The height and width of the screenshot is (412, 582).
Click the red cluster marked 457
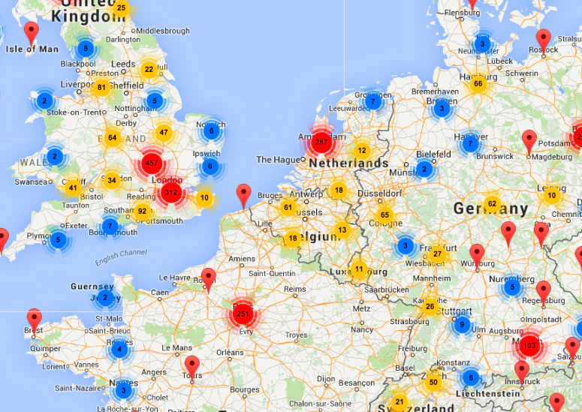click(x=151, y=163)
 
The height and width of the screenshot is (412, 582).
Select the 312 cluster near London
click(x=170, y=192)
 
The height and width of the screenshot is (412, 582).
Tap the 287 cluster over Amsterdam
click(x=321, y=141)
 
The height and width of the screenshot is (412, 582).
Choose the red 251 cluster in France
click(x=243, y=313)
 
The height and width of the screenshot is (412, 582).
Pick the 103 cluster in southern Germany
click(x=529, y=345)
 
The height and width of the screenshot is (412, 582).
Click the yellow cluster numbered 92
click(x=142, y=211)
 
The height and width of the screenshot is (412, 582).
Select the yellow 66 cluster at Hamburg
click(x=478, y=83)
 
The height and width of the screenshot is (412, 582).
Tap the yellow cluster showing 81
click(x=102, y=87)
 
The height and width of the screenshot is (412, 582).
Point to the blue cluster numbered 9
click(x=463, y=325)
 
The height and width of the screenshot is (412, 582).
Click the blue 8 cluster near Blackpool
click(x=86, y=50)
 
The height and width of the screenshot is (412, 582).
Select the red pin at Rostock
click(x=544, y=39)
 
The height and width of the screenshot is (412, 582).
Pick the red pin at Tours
click(x=192, y=366)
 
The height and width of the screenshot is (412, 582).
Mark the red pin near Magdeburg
click(x=529, y=140)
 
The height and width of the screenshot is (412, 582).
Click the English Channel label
click(x=121, y=257)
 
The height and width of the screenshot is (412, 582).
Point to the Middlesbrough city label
click(x=162, y=31)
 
